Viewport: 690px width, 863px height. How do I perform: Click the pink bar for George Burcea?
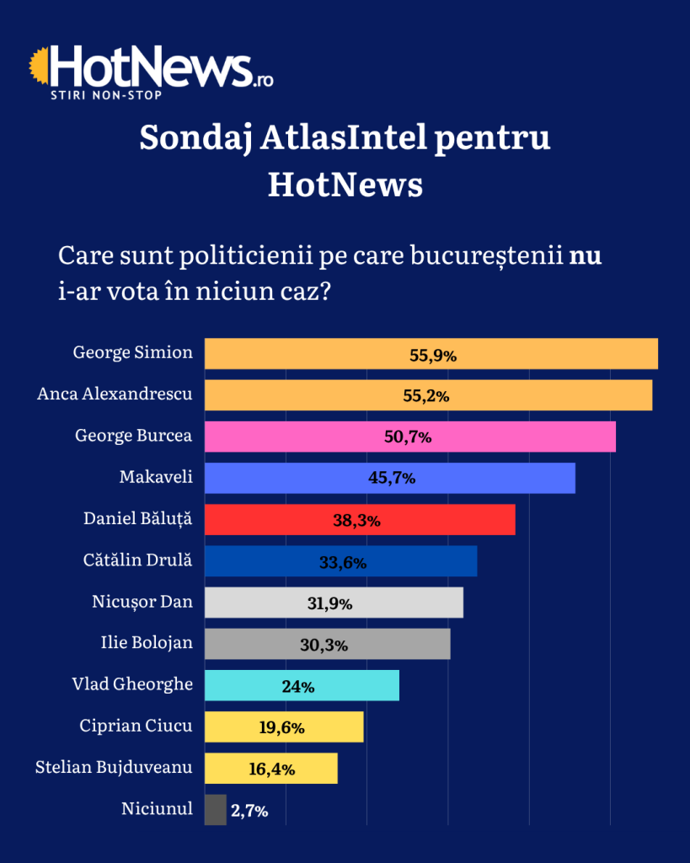tap(410, 437)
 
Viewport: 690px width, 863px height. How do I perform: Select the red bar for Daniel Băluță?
tap(360, 519)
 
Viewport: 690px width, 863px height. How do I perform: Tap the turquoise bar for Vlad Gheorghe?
tap(302, 685)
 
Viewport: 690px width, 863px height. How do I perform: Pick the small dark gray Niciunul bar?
tap(216, 810)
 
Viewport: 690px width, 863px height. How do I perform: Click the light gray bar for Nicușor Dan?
tap(334, 603)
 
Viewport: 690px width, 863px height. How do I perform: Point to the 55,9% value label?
tap(433, 355)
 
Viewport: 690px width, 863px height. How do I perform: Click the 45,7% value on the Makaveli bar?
tap(392, 478)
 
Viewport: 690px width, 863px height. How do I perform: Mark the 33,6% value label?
tap(343, 562)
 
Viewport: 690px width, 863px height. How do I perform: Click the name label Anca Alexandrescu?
tap(115, 394)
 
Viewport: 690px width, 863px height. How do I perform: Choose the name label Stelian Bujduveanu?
tap(114, 768)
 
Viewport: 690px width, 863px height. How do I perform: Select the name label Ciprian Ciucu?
tap(136, 726)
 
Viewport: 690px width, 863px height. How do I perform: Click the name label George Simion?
tap(133, 352)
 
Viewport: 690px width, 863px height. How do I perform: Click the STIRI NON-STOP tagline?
tap(106, 94)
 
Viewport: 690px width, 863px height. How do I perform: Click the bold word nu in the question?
tap(586, 255)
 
